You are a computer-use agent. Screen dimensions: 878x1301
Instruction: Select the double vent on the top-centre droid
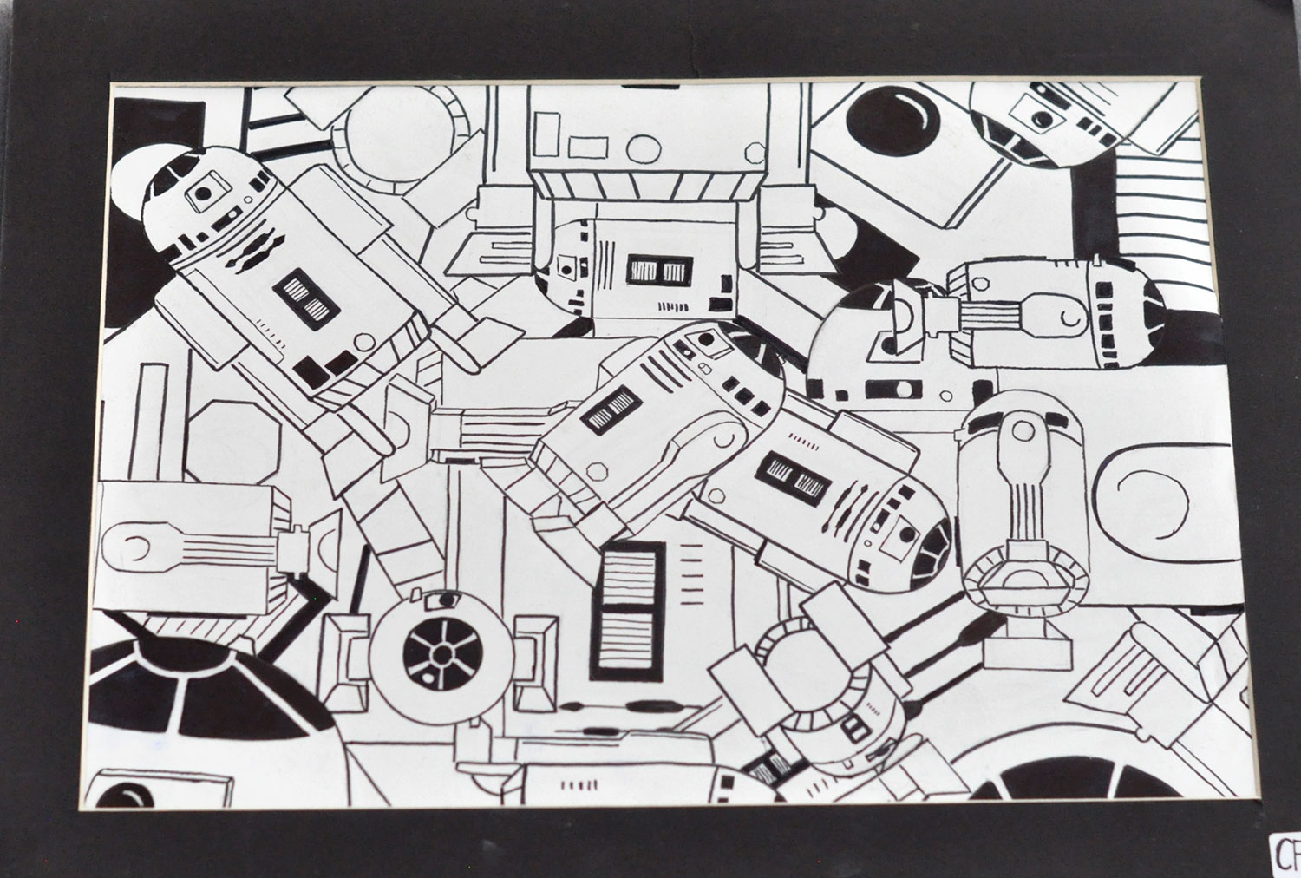click(657, 271)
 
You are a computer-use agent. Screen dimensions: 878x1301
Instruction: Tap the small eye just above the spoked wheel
click(446, 599)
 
